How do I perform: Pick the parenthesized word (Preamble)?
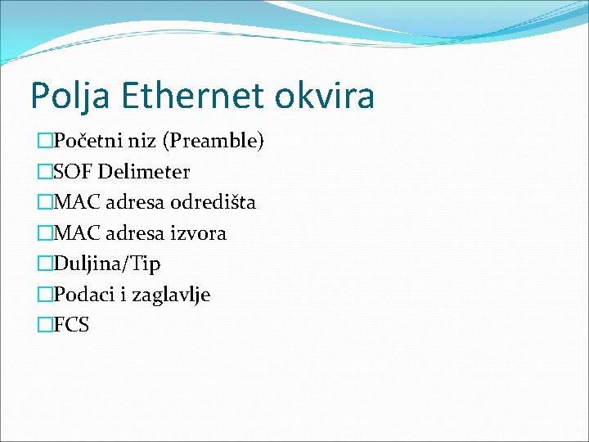point(214,142)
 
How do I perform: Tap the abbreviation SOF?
point(72,172)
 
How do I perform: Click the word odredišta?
point(213,202)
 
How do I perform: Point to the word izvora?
point(197,233)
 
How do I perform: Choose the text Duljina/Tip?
point(107,264)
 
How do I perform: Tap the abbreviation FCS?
point(72,325)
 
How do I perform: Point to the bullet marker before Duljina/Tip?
point(45,264)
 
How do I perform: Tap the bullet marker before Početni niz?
point(45,142)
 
